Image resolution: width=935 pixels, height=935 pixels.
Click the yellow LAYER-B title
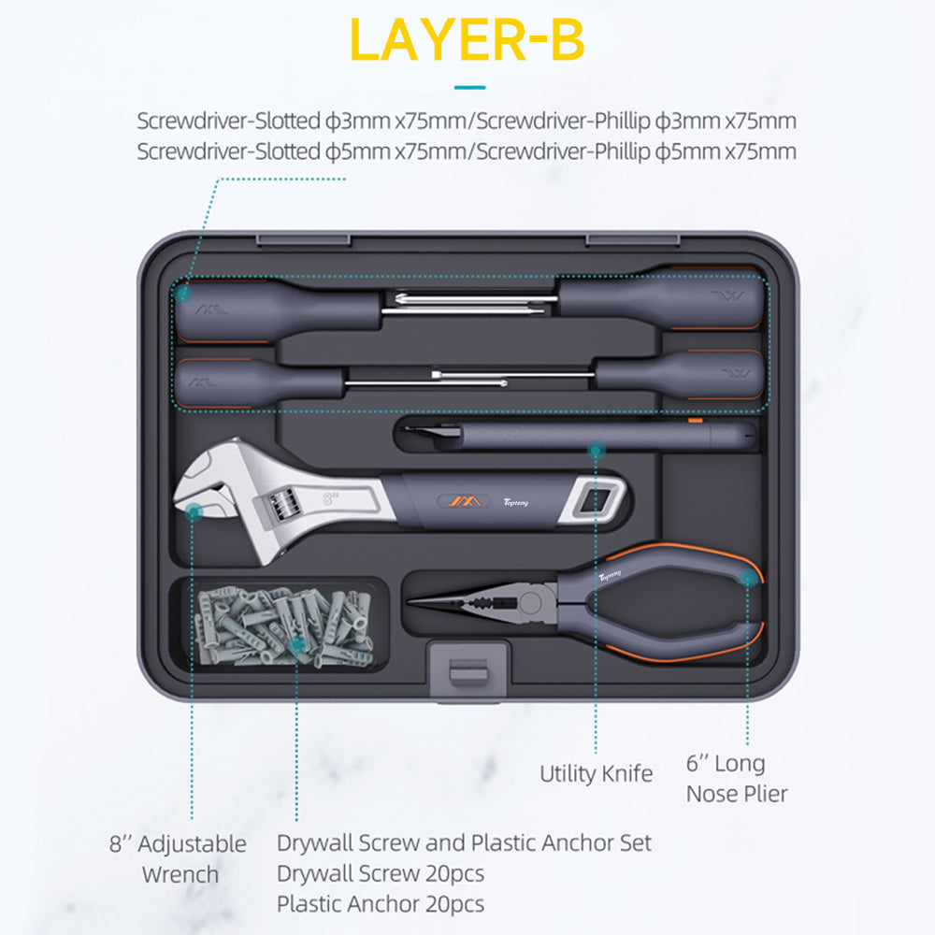pos(467,40)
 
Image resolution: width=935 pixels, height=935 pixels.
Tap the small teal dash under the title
pos(470,88)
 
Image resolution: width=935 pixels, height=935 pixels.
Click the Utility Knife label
pos(596,773)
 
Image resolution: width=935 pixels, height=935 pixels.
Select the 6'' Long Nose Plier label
pos(737,778)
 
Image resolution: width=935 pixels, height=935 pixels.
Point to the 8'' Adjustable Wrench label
pos(178,858)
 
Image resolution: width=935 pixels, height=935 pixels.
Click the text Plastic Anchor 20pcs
pos(381,904)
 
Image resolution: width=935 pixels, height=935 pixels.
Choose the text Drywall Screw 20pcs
pos(381,873)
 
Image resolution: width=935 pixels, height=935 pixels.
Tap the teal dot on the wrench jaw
pos(194,511)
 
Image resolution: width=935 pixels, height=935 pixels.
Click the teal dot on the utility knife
pos(596,451)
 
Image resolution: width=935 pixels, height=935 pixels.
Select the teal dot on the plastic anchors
pos(297,644)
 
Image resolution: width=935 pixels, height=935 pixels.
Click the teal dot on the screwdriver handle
pos(183,293)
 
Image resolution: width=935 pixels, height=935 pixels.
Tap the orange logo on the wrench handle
pos(465,501)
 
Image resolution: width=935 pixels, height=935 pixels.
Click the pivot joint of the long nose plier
pos(528,603)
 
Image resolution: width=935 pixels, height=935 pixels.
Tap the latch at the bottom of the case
pos(468,669)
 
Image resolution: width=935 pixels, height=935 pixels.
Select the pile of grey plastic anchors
pos(284,626)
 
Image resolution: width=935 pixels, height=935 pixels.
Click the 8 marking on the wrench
pos(328,498)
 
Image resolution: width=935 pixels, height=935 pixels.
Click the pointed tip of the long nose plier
pos(410,601)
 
